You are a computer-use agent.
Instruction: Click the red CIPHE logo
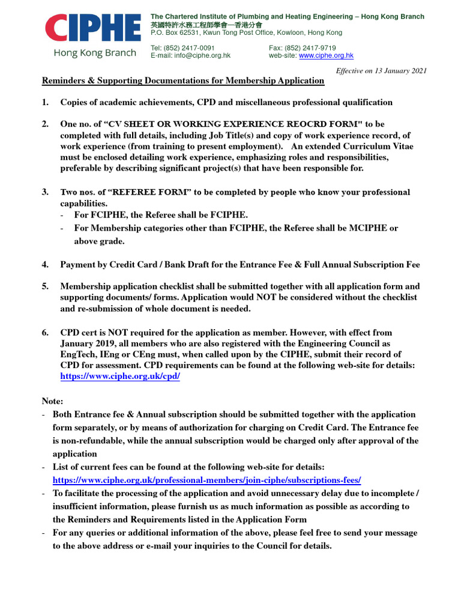click(93, 29)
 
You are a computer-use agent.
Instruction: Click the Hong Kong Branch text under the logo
click(95, 53)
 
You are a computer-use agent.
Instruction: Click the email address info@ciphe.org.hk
click(202, 55)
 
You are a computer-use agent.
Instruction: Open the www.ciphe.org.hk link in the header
click(326, 55)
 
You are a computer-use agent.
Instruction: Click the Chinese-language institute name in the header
click(206, 25)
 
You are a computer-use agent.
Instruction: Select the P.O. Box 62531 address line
click(246, 33)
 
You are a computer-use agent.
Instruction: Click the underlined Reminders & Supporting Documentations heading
click(182, 80)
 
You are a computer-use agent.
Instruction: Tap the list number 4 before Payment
click(45, 264)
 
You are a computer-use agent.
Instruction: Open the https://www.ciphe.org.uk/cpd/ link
click(120, 376)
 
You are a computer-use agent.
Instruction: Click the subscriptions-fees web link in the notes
click(207, 480)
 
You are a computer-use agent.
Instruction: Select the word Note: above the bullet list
click(52, 400)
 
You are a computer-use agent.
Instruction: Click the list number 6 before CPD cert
click(45, 332)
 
